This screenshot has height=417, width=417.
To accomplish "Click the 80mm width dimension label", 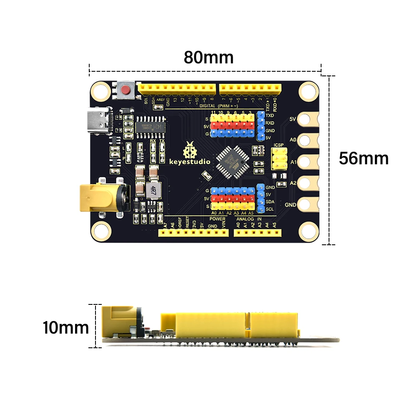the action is point(208,58).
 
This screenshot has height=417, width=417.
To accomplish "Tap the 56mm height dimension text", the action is point(364,158).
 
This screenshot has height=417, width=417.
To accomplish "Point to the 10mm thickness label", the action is point(65,328).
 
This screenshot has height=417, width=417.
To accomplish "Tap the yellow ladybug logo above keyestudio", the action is point(190,149).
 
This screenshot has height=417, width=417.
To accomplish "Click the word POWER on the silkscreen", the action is point(217,219).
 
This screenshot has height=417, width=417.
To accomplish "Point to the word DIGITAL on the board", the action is point(207,106).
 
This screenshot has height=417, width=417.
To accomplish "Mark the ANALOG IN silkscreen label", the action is point(249,219).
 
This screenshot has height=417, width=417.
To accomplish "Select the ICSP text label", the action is point(279,146).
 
